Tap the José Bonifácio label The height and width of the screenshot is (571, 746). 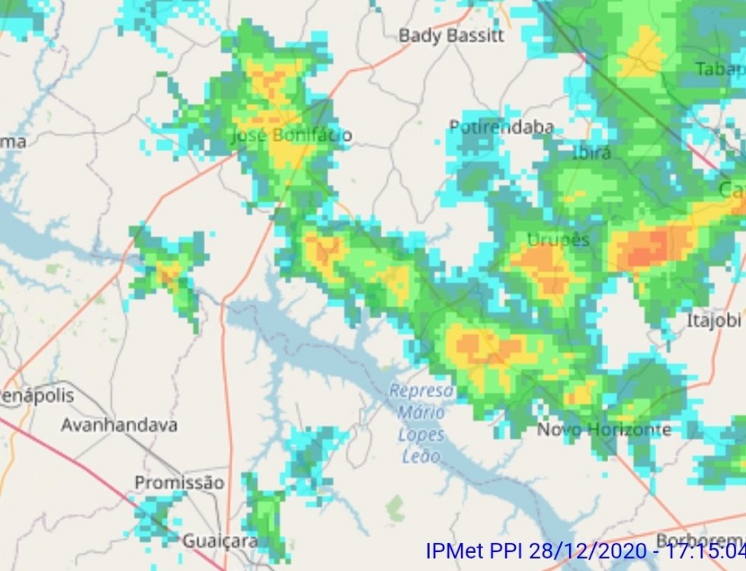[291, 136]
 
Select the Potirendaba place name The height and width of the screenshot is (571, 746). [501, 127]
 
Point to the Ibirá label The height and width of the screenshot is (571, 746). [591, 152]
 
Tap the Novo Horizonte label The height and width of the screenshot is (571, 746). [604, 430]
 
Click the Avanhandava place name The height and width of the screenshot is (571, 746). [119, 425]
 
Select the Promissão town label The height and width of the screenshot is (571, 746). [179, 483]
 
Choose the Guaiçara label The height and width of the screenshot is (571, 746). [219, 541]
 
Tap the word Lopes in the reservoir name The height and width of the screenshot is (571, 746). [421, 435]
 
